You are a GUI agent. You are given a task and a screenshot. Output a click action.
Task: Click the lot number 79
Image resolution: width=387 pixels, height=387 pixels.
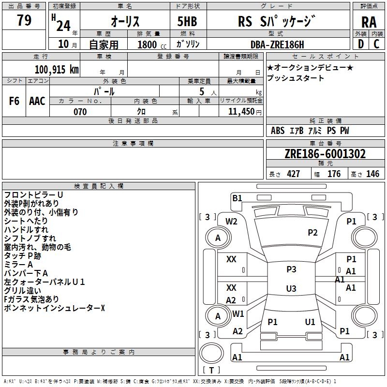(x=24, y=20)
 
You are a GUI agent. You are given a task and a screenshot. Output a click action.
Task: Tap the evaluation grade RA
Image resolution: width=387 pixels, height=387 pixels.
(x=369, y=22)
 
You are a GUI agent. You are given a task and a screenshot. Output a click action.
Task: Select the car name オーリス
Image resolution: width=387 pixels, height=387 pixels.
(x=125, y=22)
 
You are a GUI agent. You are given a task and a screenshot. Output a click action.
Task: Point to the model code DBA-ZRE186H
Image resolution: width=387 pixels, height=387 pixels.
(x=277, y=45)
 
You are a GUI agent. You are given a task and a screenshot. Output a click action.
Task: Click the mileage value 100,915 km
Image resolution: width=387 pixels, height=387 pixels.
(x=56, y=69)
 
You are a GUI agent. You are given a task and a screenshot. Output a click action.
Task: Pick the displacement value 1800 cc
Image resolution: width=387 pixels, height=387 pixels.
(x=149, y=45)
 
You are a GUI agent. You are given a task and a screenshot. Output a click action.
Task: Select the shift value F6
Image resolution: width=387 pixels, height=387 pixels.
(x=15, y=101)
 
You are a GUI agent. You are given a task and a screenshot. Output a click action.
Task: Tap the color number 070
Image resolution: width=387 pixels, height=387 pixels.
(x=80, y=112)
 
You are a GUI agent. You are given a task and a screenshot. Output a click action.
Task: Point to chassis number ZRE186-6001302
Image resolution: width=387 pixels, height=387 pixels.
(x=325, y=154)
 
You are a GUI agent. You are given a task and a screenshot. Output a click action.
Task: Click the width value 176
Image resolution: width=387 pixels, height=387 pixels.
(x=334, y=174)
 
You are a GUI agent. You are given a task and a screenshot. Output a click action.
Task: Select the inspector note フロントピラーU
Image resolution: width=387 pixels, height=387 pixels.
(x=34, y=194)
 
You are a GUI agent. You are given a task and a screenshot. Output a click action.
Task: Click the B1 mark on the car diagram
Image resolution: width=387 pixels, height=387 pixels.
(x=237, y=198)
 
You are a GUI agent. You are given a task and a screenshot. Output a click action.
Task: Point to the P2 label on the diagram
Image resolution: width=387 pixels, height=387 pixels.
(x=313, y=233)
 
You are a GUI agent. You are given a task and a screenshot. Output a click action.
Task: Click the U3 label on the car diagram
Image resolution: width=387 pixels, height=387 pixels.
(x=291, y=289)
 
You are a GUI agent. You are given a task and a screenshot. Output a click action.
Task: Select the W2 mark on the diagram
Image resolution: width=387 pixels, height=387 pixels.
(x=232, y=222)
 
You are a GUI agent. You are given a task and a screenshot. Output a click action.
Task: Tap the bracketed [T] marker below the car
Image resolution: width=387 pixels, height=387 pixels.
(x=211, y=370)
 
